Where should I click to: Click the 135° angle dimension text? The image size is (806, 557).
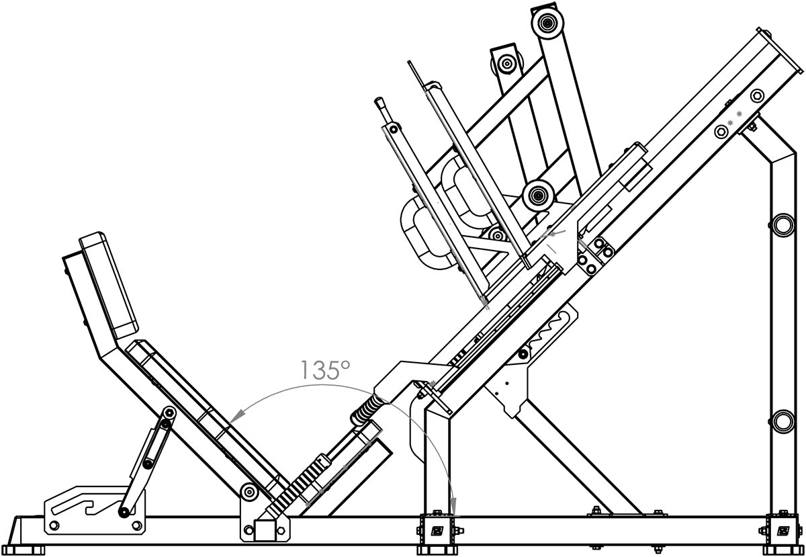tap(324, 370)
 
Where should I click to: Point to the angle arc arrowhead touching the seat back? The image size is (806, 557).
tap(234, 418)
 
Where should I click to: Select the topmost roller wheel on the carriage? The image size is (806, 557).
tap(547, 22)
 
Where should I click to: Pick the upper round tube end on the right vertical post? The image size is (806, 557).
tap(784, 225)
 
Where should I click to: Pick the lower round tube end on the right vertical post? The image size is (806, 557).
tap(784, 421)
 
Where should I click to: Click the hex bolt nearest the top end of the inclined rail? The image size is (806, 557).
tap(758, 96)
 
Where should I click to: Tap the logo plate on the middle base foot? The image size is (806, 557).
tap(438, 530)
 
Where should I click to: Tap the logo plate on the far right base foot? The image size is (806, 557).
tap(784, 530)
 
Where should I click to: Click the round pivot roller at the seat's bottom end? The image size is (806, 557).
tap(249, 491)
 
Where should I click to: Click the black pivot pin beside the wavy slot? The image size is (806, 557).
tap(523, 354)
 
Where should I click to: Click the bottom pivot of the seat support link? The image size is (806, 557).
tap(124, 512)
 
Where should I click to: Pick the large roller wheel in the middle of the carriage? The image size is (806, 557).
tap(537, 196)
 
